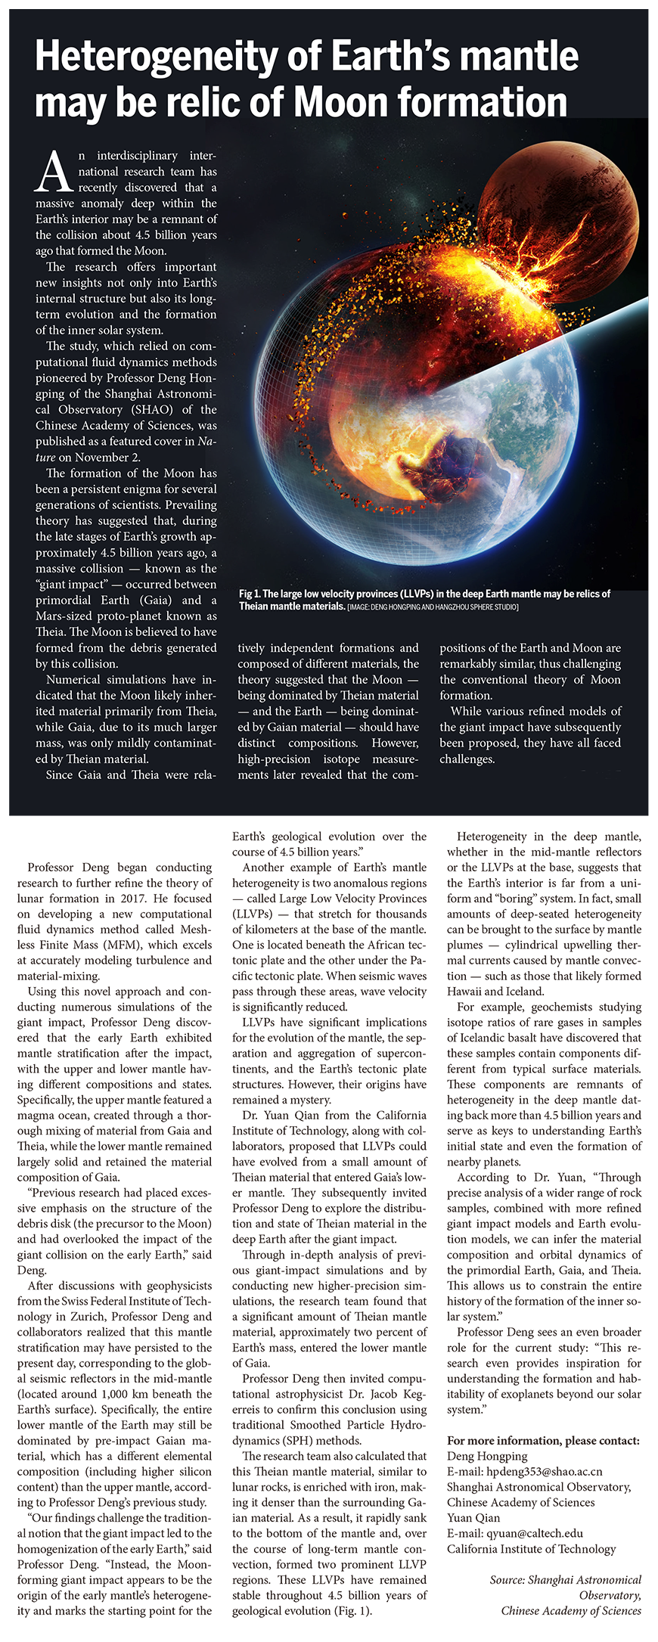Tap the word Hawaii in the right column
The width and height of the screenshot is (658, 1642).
[468, 991]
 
